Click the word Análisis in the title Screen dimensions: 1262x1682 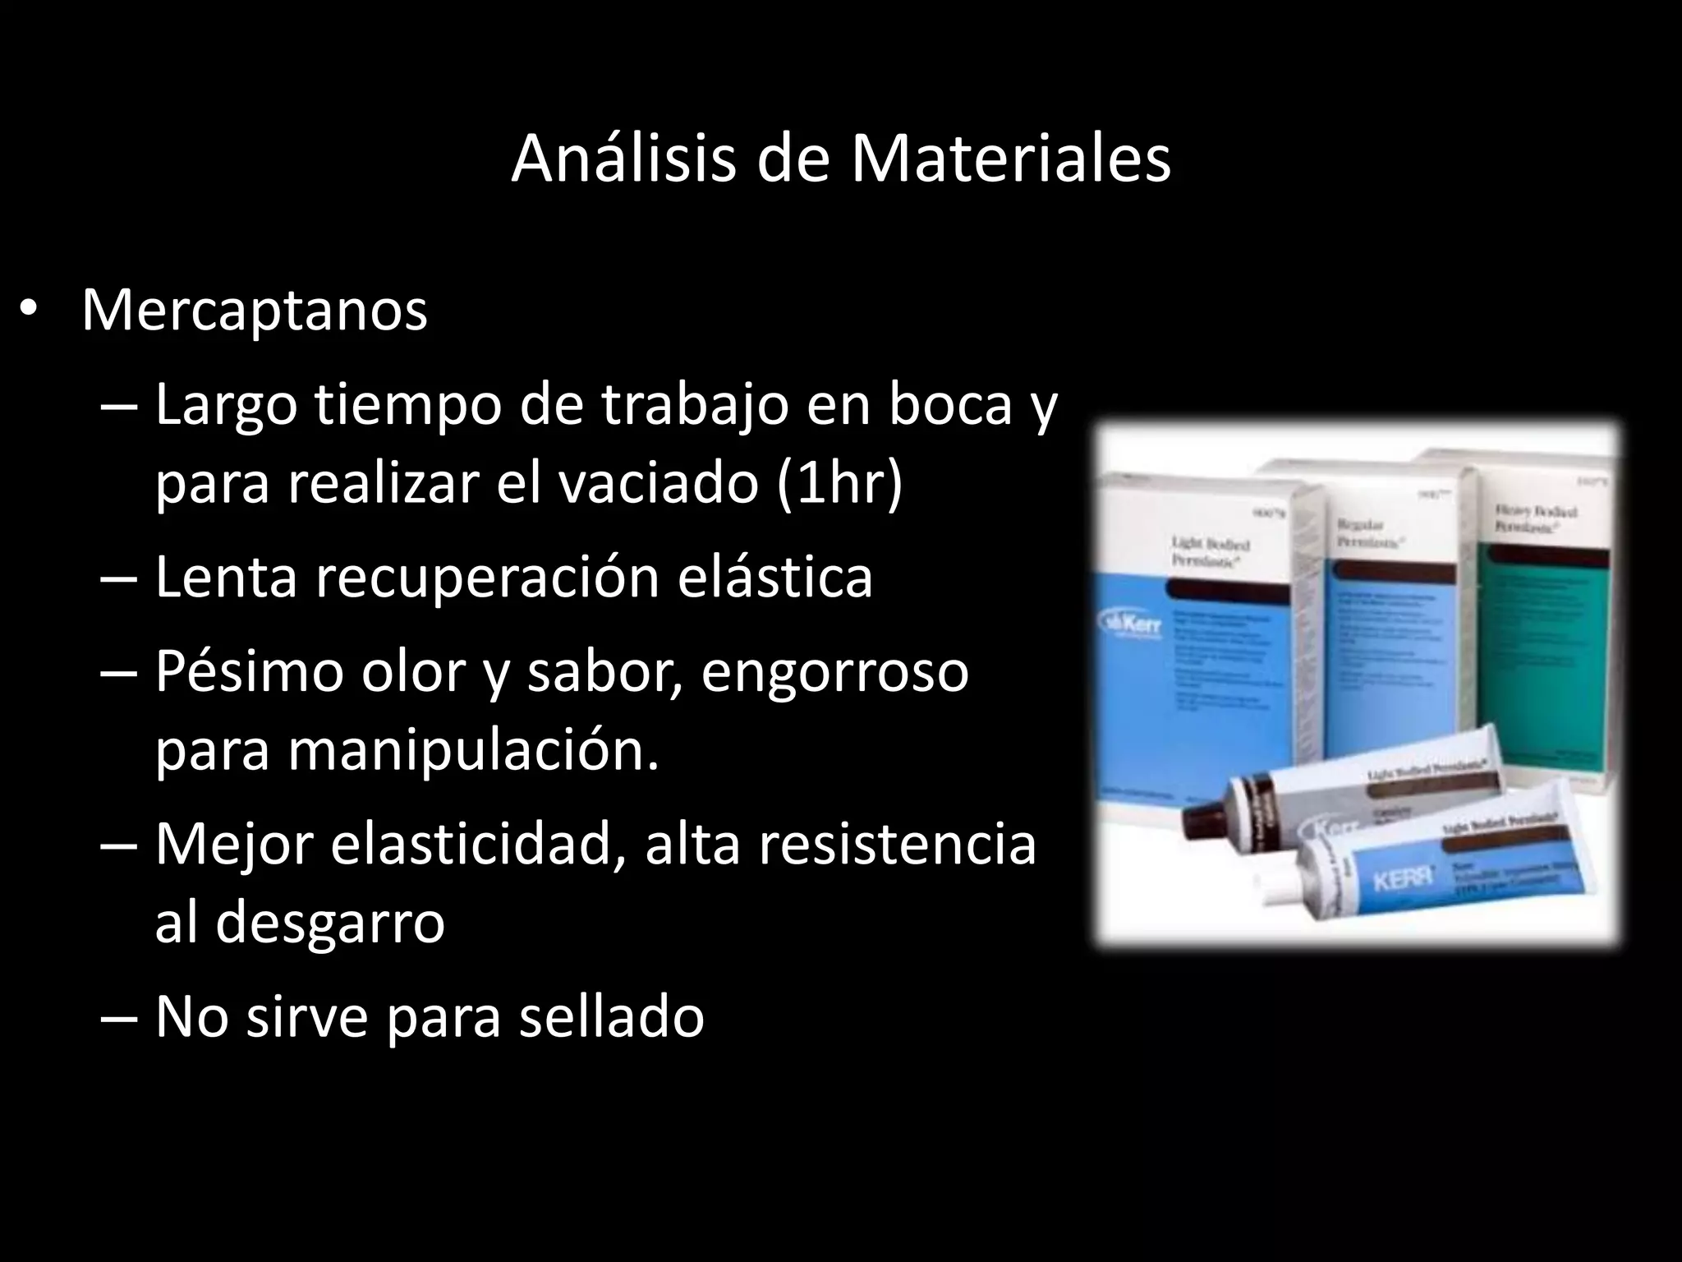click(x=623, y=159)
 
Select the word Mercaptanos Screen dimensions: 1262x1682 click(x=255, y=311)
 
